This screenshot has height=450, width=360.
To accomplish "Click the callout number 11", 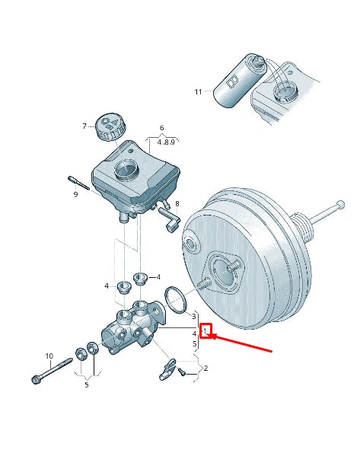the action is click(198, 92).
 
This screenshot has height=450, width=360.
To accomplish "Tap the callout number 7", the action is click(84, 126).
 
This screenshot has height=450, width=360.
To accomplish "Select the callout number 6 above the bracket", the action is click(162, 128).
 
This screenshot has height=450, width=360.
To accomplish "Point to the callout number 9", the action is click(75, 195).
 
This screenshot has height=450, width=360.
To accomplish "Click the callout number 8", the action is click(177, 203).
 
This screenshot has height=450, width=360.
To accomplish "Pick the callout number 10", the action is click(49, 356).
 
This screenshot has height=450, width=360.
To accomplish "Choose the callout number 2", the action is click(205, 368).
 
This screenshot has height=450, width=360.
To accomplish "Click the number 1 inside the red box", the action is click(205, 331).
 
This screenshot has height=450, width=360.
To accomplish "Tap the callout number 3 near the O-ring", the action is click(193, 316).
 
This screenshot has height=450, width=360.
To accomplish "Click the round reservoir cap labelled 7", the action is click(110, 128).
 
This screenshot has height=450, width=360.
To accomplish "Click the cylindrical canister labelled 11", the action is click(240, 81).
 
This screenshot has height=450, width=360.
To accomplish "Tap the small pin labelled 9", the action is click(78, 183).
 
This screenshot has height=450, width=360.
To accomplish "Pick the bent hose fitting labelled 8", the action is click(169, 219).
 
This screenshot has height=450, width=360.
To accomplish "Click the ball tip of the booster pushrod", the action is click(341, 204).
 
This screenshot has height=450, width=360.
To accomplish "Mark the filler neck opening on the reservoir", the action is click(126, 168).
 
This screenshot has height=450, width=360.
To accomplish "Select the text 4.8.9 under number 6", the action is click(166, 142).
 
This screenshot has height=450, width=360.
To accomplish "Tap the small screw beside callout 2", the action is click(182, 372).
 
